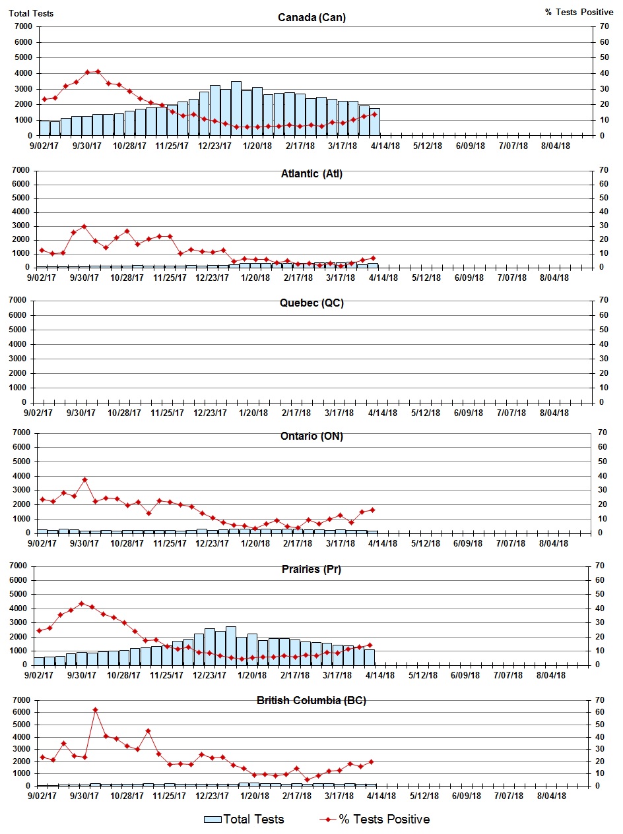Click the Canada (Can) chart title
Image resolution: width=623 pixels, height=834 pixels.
[311, 17]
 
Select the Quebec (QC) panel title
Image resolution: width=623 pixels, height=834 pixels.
[311, 303]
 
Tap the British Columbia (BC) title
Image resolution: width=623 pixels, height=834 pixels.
[311, 701]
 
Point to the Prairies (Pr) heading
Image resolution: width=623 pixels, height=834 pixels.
[311, 569]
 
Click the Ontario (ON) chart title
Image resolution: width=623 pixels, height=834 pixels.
[311, 436]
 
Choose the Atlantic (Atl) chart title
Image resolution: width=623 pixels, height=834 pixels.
[311, 174]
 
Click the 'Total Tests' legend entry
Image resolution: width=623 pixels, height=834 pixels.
[244, 819]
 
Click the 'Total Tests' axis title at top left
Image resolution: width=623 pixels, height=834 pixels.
[32, 13]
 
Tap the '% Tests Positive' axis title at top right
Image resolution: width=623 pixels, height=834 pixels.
[579, 13]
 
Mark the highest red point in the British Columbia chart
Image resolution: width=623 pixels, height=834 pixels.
[95, 709]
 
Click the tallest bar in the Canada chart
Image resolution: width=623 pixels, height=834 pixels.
[236, 108]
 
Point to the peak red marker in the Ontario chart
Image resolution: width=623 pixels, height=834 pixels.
[84, 479]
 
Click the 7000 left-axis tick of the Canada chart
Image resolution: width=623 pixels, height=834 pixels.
[23, 26]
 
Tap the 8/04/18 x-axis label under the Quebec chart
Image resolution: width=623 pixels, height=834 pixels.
[554, 413]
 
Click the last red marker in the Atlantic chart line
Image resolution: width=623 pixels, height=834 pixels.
[373, 258]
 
